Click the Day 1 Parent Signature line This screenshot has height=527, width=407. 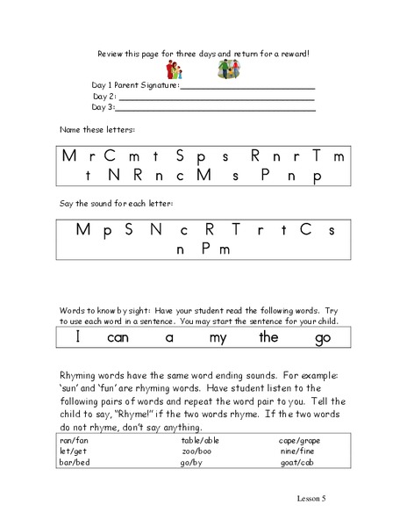click(x=247, y=88)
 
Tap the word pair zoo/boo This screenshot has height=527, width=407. click(x=193, y=449)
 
